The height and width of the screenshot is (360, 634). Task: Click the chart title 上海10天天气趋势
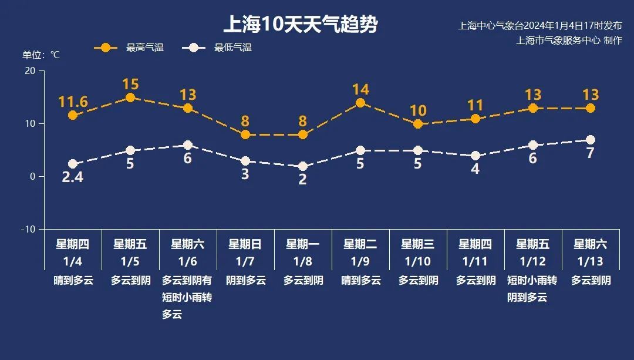click(x=300, y=25)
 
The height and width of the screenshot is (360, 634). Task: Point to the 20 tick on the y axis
click(x=29, y=71)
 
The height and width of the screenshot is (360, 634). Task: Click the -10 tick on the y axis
click(x=28, y=229)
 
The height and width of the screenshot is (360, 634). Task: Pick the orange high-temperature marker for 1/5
click(x=130, y=97)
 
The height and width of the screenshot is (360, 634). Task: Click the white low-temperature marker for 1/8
click(x=303, y=166)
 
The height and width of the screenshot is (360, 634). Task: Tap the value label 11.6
click(x=73, y=102)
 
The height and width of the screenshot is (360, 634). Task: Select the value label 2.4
click(x=73, y=177)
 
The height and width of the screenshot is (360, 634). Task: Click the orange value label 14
click(x=360, y=89)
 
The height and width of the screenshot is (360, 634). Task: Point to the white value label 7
click(x=591, y=153)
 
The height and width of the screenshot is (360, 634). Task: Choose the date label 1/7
click(x=245, y=261)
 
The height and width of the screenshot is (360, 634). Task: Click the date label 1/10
click(x=418, y=261)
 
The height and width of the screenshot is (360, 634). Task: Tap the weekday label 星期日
click(x=245, y=244)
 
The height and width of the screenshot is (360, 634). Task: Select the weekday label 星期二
click(x=360, y=244)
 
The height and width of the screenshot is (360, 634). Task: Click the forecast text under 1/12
click(x=533, y=289)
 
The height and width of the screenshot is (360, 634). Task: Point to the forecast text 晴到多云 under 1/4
click(x=73, y=280)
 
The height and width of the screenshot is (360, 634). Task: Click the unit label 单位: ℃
click(x=41, y=55)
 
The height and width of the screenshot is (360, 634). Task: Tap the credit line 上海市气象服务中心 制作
click(x=569, y=41)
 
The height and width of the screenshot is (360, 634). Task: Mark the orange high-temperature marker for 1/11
click(x=475, y=119)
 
